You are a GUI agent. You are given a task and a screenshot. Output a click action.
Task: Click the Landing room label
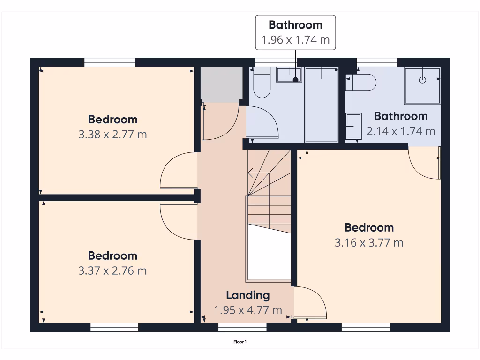[x=247, y=295]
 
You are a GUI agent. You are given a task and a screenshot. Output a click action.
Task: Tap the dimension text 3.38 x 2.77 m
[x=112, y=135]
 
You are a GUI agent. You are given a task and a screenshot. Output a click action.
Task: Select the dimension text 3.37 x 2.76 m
[x=112, y=270]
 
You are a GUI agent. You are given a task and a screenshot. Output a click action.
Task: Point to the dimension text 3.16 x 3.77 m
[x=369, y=242]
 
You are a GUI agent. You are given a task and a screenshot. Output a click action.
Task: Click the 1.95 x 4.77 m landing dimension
[x=248, y=310]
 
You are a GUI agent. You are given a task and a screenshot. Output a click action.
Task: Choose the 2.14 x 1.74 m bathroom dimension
[x=401, y=131]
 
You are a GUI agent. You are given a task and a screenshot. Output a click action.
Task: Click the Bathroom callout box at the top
[x=295, y=32]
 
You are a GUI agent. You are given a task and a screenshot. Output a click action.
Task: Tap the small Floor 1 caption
[x=240, y=342]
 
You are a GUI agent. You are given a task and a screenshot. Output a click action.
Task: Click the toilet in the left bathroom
[x=262, y=83]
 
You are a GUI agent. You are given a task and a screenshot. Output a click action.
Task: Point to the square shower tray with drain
[x=422, y=85]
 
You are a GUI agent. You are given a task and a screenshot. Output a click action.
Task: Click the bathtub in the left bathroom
[x=322, y=104]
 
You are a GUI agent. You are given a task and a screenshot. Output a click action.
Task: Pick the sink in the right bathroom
[x=353, y=126]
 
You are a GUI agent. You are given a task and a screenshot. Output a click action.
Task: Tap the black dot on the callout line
[x=295, y=80]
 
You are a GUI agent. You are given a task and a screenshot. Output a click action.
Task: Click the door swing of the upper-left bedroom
[x=176, y=171]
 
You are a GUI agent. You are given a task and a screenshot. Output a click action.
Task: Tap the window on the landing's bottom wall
[x=242, y=327]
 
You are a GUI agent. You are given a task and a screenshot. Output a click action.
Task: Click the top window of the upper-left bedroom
[x=110, y=62]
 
